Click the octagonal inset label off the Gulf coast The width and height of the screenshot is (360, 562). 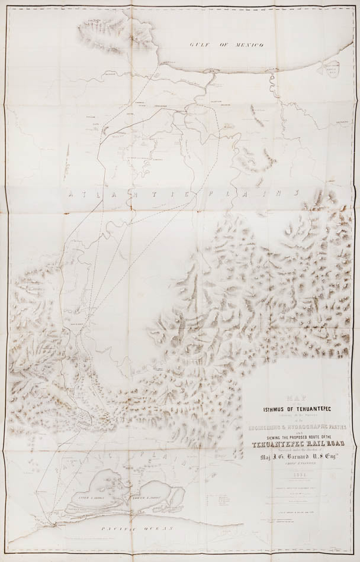click(x=337, y=67)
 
